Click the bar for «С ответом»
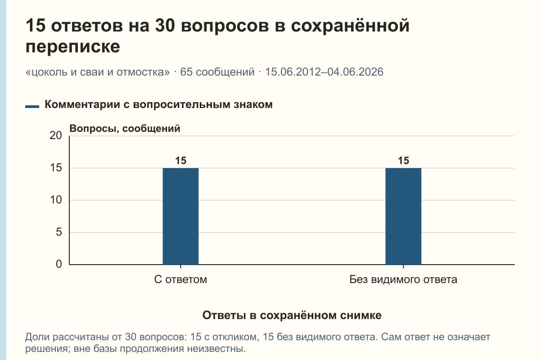(x=180, y=216)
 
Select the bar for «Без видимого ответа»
(x=403, y=216)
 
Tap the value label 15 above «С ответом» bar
(x=180, y=161)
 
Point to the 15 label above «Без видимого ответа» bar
(x=403, y=161)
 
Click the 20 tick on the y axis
(x=56, y=135)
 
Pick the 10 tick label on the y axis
(x=56, y=200)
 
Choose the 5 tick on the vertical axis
(x=59, y=232)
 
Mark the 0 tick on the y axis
(x=59, y=264)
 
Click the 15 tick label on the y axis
(x=56, y=168)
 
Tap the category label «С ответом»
(x=180, y=280)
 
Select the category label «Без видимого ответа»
(x=403, y=280)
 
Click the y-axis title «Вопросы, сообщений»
(x=125, y=129)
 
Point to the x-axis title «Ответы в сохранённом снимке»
(x=292, y=315)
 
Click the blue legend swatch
(x=32, y=107)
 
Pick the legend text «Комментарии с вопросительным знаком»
(x=158, y=105)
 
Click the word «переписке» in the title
(x=73, y=46)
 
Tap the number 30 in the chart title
(x=165, y=25)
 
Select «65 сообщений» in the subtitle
(x=217, y=72)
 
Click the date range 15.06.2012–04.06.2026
(x=324, y=72)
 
